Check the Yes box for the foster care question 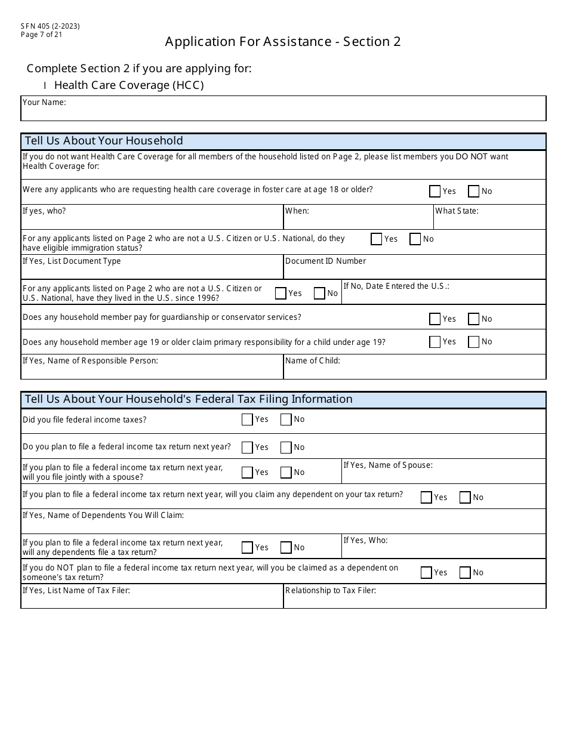(435, 192)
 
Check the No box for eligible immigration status (415, 239)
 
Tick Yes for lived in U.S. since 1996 (281, 293)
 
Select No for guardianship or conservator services (474, 319)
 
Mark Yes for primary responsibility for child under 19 (435, 342)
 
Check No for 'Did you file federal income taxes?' (286, 420)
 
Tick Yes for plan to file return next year (247, 447)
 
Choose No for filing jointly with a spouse (286, 473)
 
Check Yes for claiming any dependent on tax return (426, 497)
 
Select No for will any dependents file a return (286, 547)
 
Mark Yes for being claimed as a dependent (426, 573)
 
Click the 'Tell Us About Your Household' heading (104, 141)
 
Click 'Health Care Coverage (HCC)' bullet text (129, 85)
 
